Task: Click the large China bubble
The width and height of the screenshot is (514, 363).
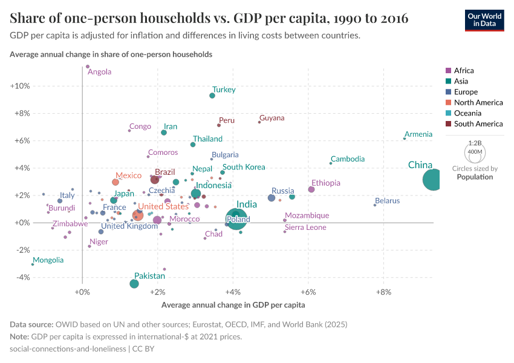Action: tap(433, 180)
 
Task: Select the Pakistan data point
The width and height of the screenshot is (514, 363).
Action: tap(134, 284)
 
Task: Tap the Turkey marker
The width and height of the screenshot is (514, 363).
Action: tap(212, 96)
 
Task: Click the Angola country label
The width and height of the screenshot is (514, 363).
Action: tap(100, 72)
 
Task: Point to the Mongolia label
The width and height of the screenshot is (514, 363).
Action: tap(48, 260)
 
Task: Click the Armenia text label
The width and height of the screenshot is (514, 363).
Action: tap(418, 134)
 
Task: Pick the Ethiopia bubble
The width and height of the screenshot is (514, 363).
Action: tap(311, 189)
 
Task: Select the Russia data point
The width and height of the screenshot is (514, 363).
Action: tap(272, 198)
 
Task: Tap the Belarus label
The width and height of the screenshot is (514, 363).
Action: tap(387, 201)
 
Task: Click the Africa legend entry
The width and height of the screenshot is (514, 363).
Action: tap(464, 71)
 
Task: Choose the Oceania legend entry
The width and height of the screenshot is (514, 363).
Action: tap(469, 113)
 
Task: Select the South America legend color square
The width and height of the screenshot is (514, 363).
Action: tap(448, 124)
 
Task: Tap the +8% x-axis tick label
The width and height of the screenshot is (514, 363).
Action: tap(383, 293)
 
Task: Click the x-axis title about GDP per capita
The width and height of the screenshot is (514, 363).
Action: tap(233, 305)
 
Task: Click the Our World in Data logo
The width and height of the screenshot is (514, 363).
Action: tap(484, 19)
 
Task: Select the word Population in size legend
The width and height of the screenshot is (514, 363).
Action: tap(475, 177)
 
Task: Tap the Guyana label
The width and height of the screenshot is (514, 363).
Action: tap(272, 118)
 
